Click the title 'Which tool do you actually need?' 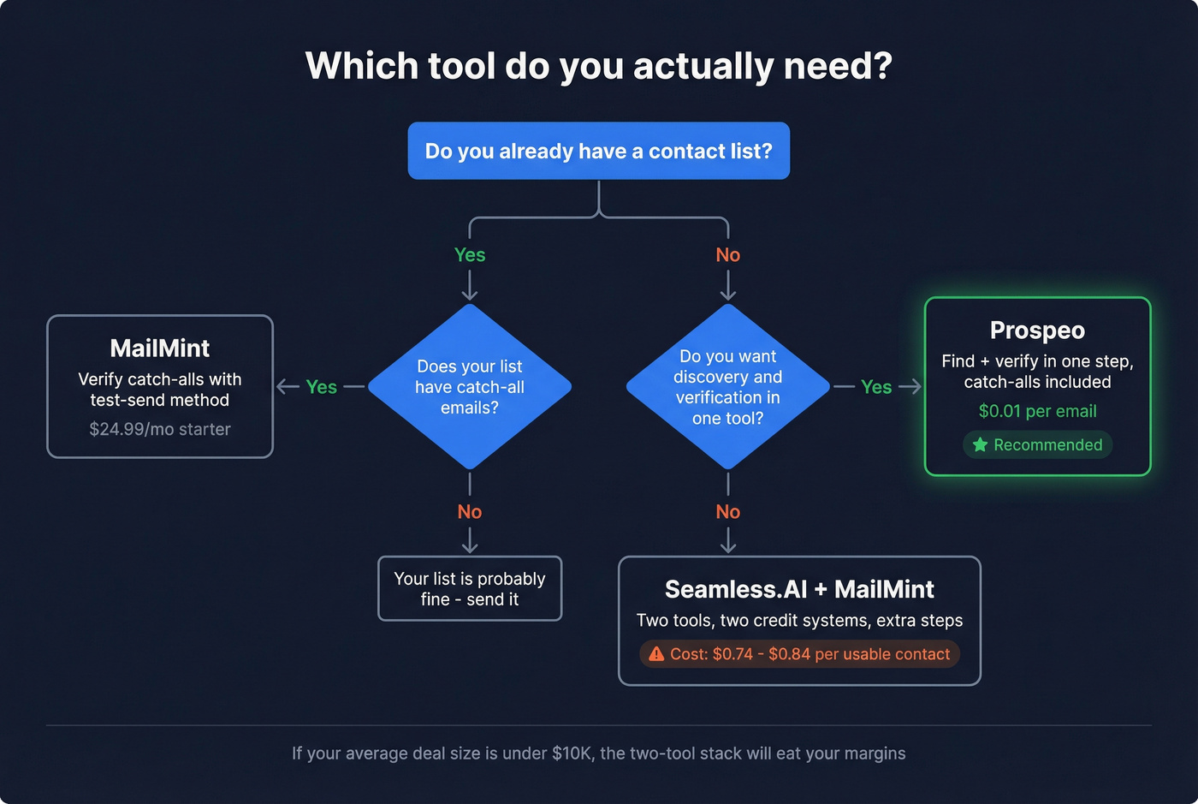599,66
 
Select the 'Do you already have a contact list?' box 599,152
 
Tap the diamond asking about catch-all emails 470,387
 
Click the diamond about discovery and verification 728,387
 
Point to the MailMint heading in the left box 160,348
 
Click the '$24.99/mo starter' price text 160,429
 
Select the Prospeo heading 1037,331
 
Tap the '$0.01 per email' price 1037,411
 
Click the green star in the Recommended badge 981,444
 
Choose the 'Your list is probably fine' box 470,589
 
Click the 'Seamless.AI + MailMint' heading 799,589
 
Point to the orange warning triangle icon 656,654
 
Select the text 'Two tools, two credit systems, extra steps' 799,621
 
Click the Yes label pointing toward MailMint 322,387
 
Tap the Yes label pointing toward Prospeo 876,387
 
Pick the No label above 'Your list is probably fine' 470,512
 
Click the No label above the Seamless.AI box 728,512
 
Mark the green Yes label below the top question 470,255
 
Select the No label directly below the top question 728,255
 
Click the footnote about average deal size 599,753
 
